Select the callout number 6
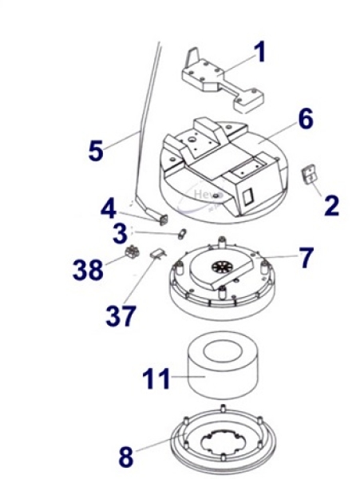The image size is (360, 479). point(305,120)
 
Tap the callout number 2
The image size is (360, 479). point(330,204)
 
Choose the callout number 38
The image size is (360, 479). point(89,269)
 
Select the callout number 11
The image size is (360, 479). point(156,378)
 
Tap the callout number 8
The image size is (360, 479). point(126,457)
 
